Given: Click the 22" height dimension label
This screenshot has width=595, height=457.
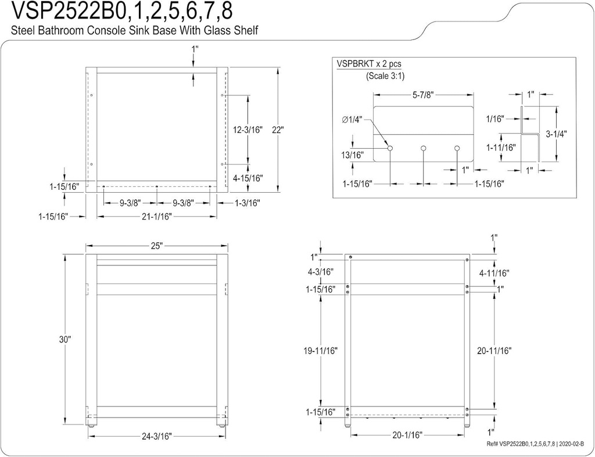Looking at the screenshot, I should [x=277, y=130].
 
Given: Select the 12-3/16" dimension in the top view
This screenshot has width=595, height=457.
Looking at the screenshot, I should [x=248, y=130].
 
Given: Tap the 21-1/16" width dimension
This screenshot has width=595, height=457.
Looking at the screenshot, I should [x=156, y=217].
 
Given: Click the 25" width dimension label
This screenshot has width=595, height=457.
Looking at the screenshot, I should [x=156, y=246].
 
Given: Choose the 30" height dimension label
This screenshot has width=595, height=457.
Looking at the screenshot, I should [x=64, y=339].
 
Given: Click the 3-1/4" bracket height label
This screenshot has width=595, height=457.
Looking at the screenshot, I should [x=557, y=134].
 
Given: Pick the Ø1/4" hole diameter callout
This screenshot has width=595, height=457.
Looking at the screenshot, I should [x=352, y=120].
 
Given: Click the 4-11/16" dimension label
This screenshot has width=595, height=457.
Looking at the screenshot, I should [x=494, y=272].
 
